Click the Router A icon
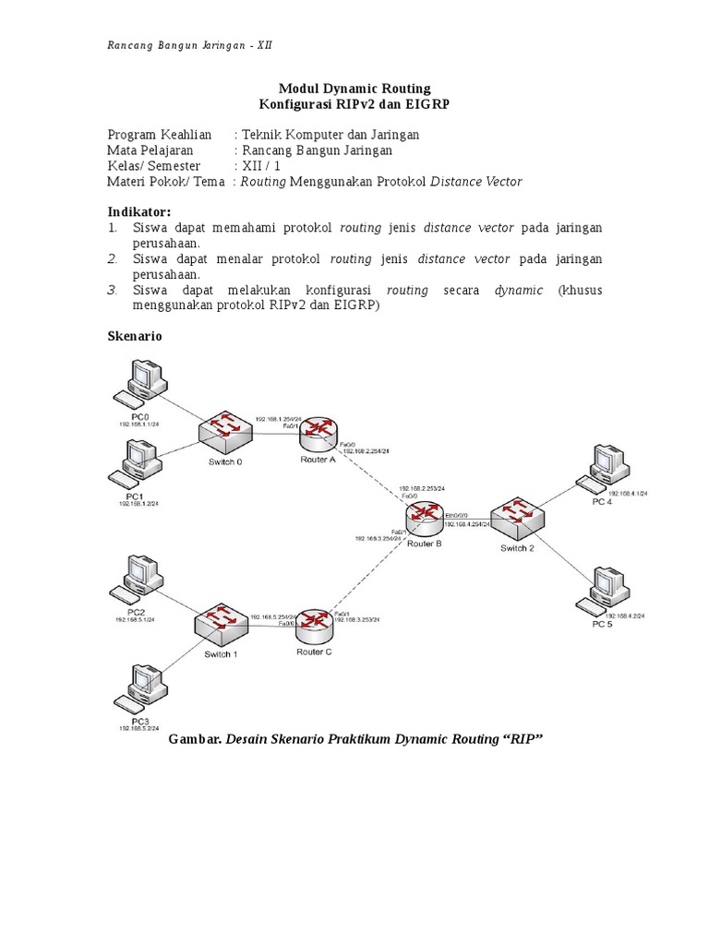coord(318,432)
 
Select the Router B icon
coord(425,520)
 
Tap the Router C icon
coord(315,626)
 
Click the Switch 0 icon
coord(223,428)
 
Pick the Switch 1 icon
coord(222,625)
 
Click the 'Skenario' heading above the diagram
coord(135,337)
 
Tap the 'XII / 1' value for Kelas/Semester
coord(262,166)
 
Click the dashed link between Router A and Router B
coord(374,478)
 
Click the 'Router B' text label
coord(424,544)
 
